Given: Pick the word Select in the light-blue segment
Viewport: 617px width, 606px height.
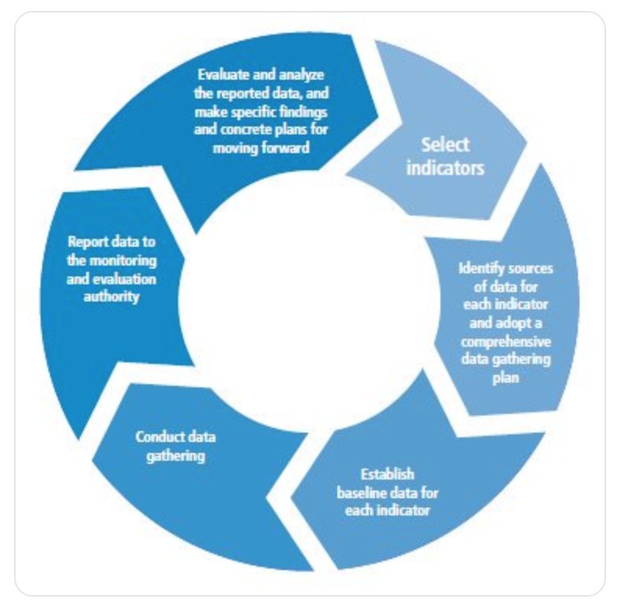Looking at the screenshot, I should pos(445,144).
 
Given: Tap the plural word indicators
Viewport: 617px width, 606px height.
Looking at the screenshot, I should pos(445,167).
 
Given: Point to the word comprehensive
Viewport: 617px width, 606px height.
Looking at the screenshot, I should pos(505,343).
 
